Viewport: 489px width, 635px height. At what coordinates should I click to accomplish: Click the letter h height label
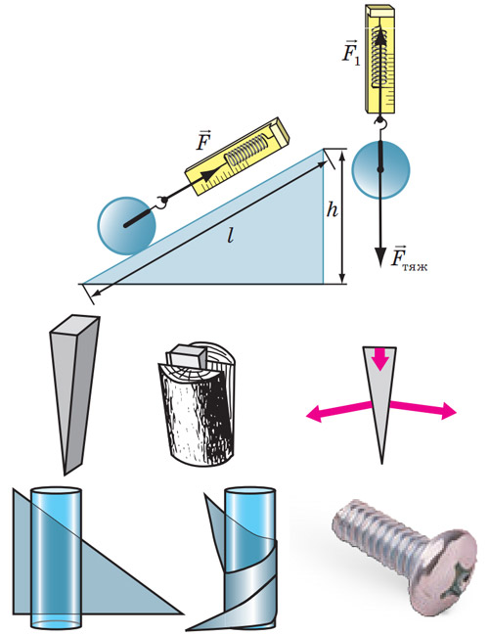click(332, 209)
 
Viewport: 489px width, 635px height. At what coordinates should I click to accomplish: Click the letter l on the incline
click(231, 235)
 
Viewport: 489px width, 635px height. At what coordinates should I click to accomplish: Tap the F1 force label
click(350, 52)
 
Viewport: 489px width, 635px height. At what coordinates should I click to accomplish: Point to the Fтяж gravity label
click(408, 257)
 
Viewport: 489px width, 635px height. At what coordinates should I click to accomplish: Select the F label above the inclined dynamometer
click(202, 140)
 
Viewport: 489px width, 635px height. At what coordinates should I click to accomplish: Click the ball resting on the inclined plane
click(126, 226)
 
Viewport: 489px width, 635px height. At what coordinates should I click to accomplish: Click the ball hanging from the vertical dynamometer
click(380, 169)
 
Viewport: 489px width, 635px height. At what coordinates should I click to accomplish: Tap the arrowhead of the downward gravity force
click(379, 256)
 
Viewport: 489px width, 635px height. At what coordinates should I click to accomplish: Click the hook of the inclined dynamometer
click(162, 202)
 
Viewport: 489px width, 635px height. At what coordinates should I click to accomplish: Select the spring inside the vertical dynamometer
click(380, 57)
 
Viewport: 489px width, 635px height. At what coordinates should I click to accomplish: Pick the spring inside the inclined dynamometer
click(246, 150)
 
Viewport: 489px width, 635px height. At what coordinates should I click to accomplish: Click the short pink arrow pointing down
click(379, 358)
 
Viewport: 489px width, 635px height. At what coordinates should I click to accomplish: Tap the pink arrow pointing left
click(338, 410)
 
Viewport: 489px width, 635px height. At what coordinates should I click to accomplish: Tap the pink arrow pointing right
click(423, 408)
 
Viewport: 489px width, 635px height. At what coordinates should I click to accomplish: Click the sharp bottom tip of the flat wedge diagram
click(381, 463)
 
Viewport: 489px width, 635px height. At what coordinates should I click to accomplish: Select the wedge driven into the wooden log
click(187, 357)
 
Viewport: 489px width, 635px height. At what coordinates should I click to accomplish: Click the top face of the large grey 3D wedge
click(75, 325)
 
